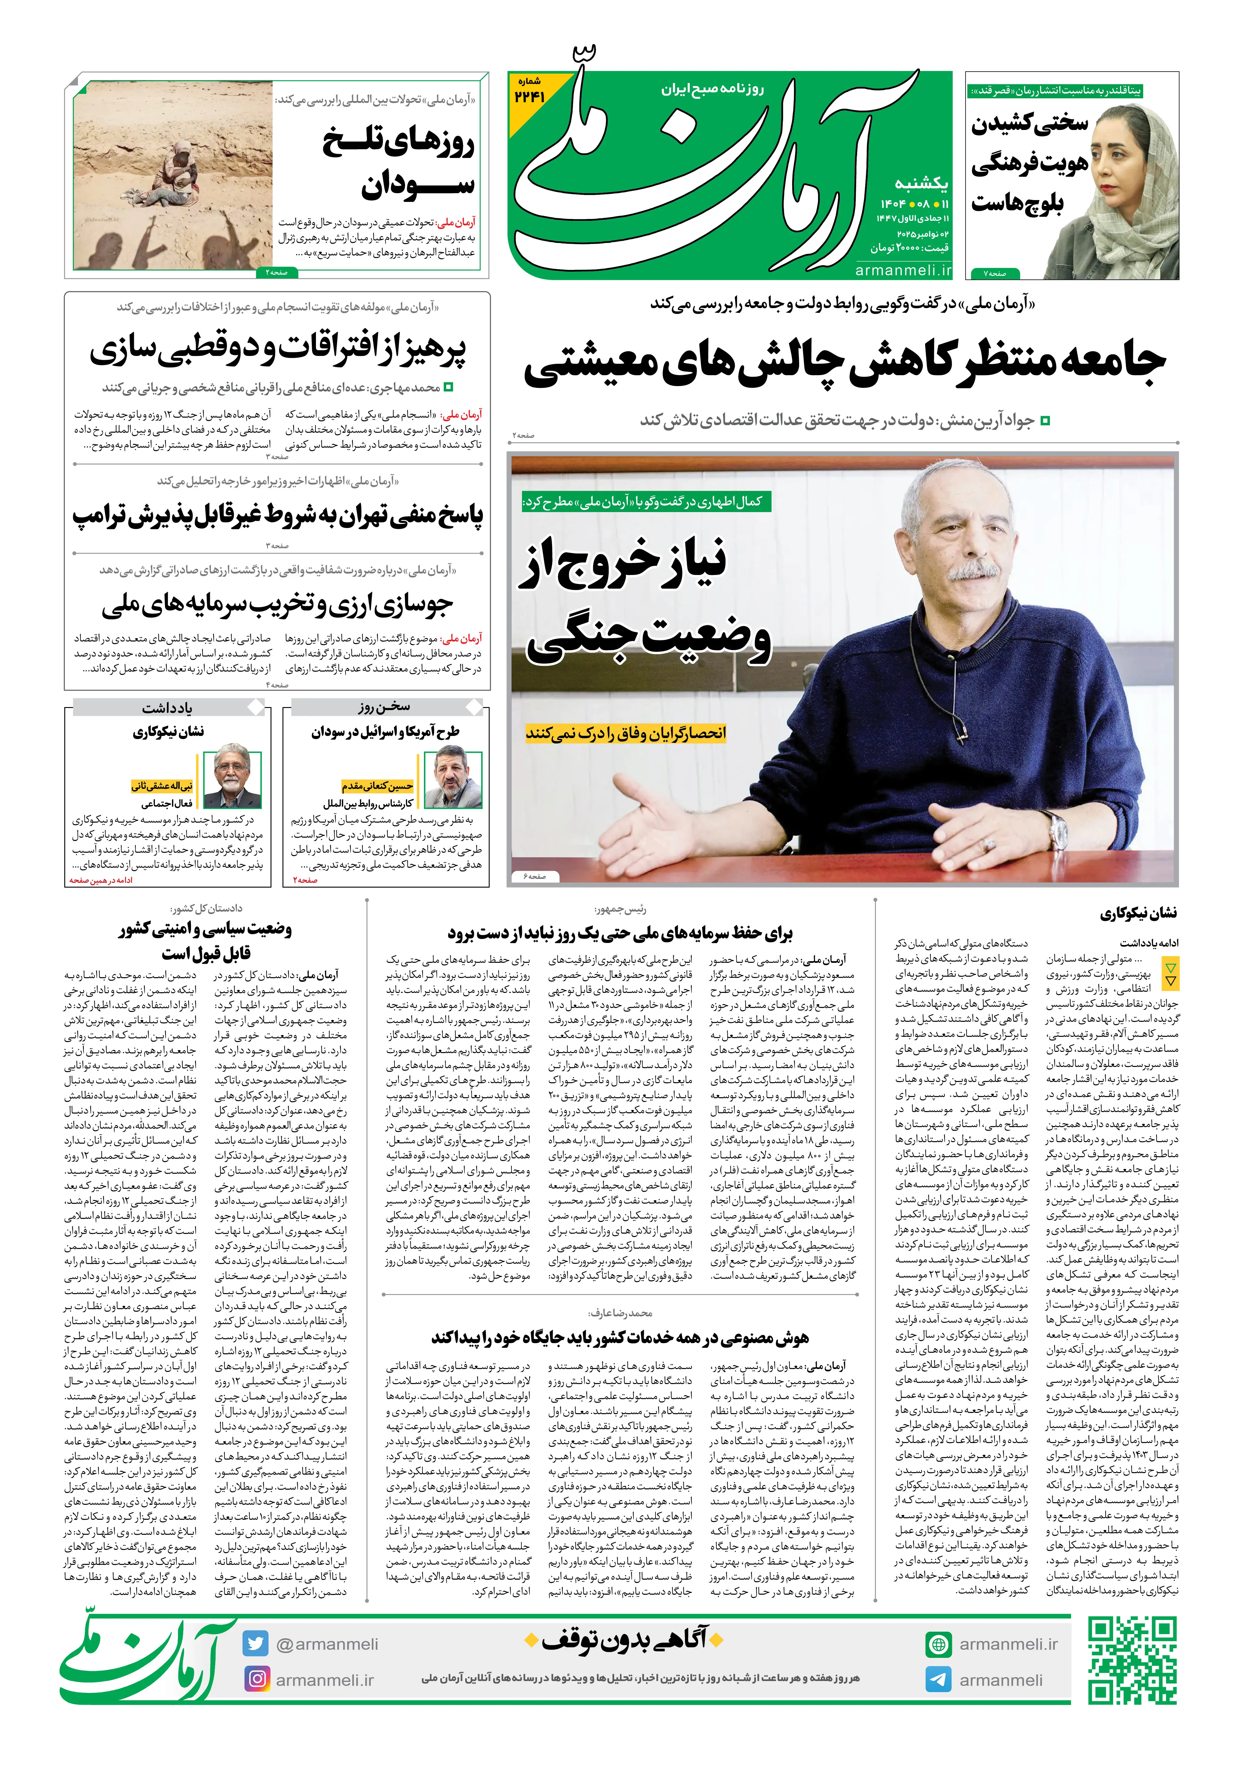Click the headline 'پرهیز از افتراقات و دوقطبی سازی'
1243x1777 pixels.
click(x=278, y=350)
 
